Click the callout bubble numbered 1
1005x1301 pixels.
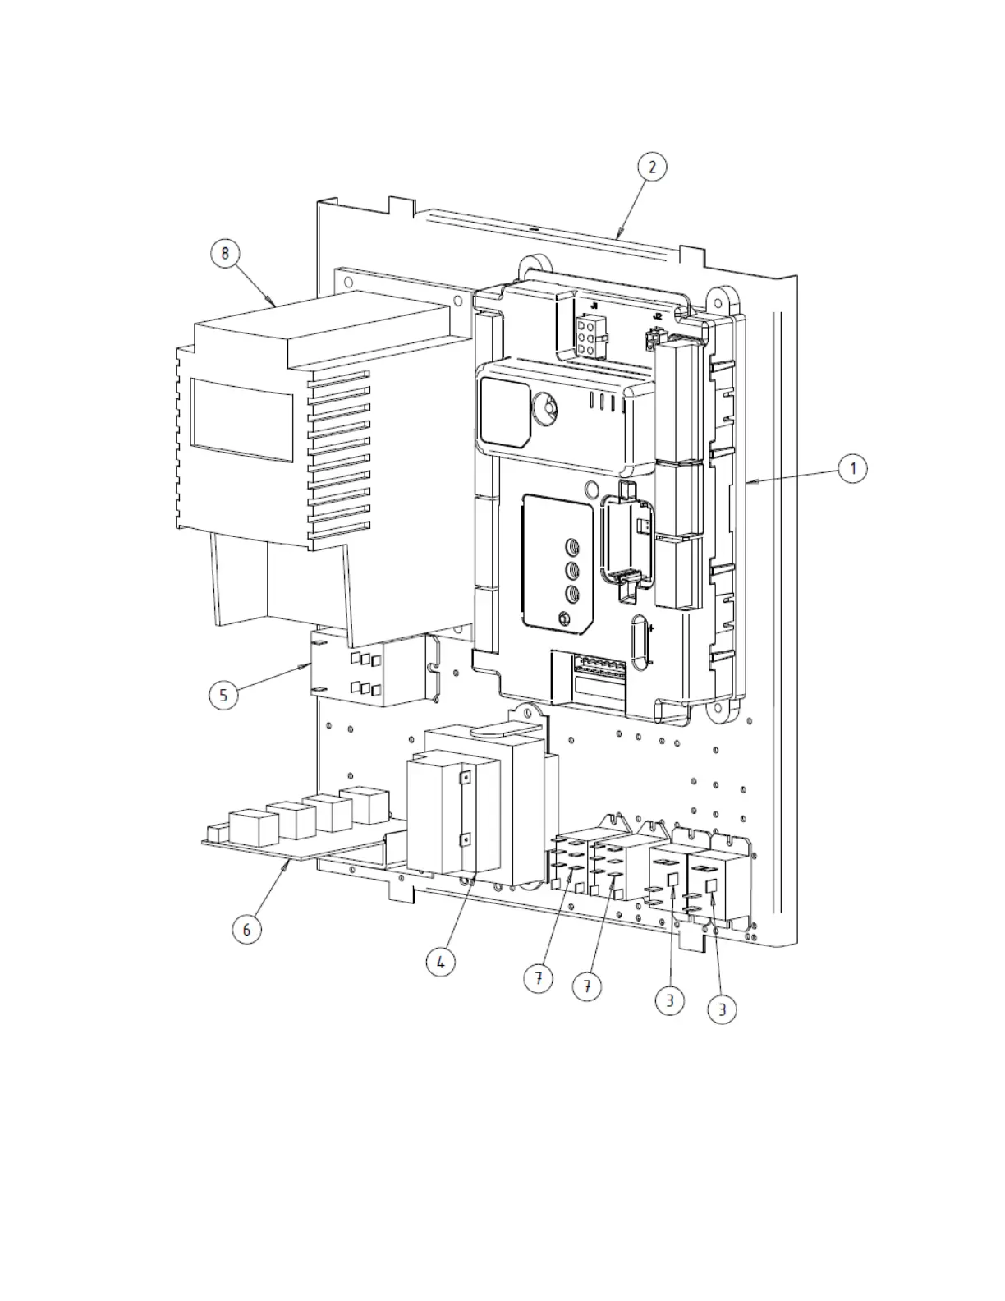[x=852, y=469]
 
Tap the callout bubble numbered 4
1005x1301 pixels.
[x=441, y=961]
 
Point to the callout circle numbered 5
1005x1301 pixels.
[x=223, y=696]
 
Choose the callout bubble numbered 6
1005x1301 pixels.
[x=246, y=930]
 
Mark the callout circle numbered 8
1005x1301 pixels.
[x=225, y=253]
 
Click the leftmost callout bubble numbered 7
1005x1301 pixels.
[x=538, y=978]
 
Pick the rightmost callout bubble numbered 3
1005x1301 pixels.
[x=722, y=1009]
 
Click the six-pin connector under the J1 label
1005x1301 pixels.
[x=588, y=336]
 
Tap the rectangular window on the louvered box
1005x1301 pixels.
[x=241, y=419]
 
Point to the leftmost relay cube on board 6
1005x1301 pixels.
[x=254, y=828]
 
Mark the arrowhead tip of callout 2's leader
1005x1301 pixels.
[x=617, y=237]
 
